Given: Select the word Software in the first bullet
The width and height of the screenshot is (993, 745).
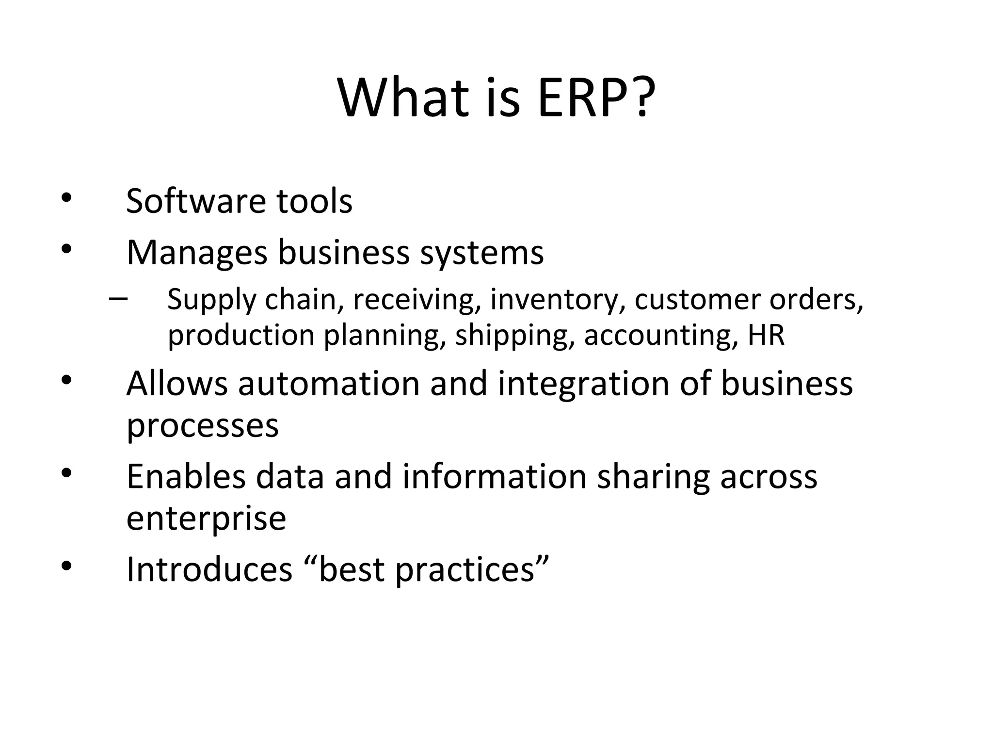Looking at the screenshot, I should (x=196, y=201).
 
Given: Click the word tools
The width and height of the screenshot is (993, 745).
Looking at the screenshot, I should (x=314, y=202).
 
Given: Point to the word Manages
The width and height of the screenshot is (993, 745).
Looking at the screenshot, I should (x=197, y=253).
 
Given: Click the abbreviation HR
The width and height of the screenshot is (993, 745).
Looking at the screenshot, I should (x=766, y=335).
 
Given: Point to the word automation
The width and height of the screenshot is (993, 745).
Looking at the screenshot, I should (x=329, y=384).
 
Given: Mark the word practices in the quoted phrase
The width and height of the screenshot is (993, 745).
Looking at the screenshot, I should (x=464, y=570).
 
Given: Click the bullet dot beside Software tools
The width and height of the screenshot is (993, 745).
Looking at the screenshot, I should (x=66, y=198).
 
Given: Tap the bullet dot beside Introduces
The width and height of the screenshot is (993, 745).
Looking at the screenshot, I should (x=66, y=566).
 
